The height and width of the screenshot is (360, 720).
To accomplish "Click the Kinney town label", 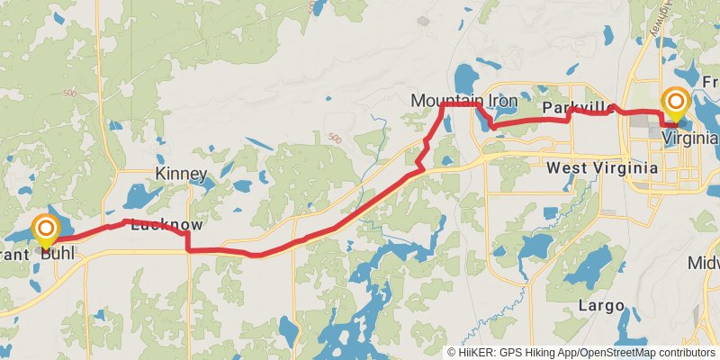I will coord(181,174).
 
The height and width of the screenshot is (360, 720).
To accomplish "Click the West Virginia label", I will coord(599,168).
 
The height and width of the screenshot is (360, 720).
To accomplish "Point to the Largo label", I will coord(600,306).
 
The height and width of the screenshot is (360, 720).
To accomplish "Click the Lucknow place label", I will coord(166,225).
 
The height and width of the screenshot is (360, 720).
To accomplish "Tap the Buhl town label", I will coord(57,255).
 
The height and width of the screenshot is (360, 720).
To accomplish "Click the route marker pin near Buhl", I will coord(45,230).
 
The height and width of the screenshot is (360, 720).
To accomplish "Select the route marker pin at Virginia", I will coord(675,103).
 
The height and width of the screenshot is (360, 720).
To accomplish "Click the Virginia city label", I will coord(689,138).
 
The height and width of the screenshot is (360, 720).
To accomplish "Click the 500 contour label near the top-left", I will coord(70,94).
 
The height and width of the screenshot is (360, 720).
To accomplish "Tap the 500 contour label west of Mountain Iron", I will coord(335,138).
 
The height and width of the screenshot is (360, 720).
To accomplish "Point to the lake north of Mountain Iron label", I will coord(467,76).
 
